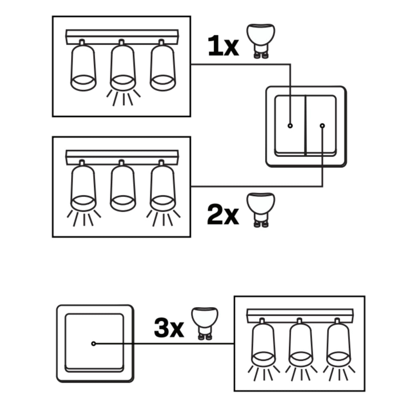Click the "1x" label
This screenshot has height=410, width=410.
(x=223, y=46)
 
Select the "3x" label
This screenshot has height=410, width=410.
(x=169, y=328)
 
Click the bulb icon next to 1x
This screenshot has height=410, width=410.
(x=261, y=41)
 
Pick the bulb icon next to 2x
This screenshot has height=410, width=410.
(x=261, y=210)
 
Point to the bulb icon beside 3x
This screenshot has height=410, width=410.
(x=205, y=324)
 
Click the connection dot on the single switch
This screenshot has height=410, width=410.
(x=94, y=344)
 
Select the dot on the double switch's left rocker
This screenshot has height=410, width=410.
(x=290, y=126)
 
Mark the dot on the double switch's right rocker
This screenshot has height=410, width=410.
(x=322, y=126)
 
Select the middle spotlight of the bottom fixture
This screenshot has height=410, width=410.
(x=301, y=343)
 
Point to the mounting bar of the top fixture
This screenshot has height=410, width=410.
(x=122, y=37)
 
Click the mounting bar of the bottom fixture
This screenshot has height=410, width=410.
(x=300, y=316)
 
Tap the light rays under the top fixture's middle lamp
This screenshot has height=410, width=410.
(x=123, y=98)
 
